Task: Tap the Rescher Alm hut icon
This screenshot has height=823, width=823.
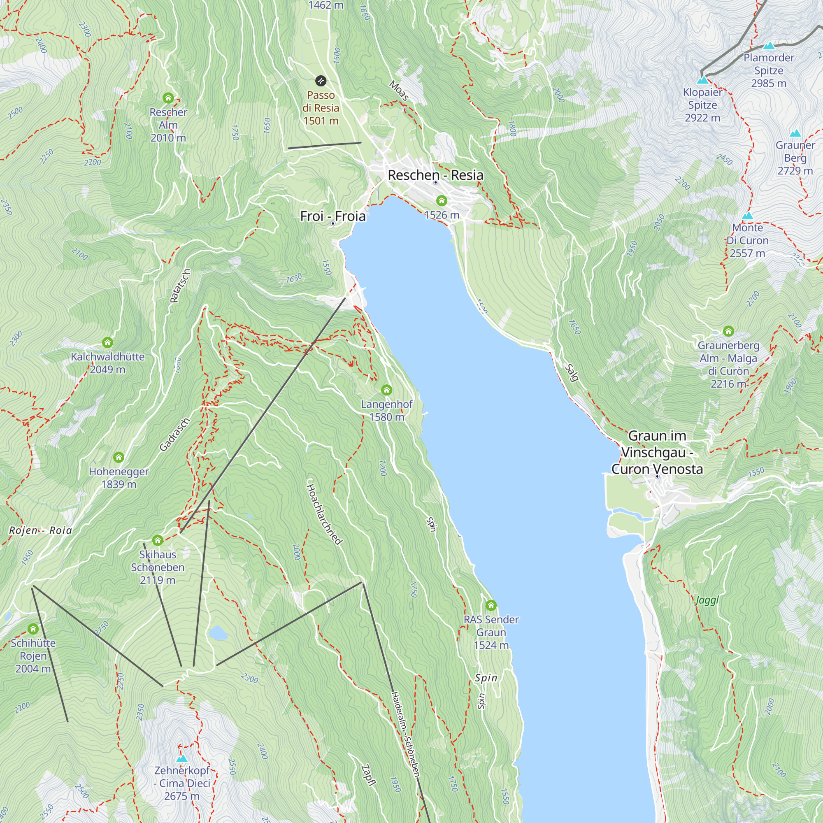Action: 168,98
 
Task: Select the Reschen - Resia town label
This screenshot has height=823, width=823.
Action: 435,175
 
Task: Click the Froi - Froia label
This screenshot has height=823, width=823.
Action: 332,216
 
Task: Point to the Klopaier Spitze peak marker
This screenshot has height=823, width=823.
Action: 702,80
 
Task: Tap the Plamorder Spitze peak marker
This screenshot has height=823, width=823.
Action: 769,46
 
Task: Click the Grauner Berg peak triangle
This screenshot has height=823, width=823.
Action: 795,133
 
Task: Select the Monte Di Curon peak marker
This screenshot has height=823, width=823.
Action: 748,216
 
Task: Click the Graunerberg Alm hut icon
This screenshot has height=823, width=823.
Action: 728,331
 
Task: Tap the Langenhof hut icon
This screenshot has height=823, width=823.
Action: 386,390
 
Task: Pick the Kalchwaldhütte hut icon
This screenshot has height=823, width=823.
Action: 107,342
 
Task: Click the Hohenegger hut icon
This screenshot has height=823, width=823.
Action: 119,458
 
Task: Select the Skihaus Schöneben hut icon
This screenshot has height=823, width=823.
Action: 158,540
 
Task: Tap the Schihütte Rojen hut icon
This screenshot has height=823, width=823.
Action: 33,629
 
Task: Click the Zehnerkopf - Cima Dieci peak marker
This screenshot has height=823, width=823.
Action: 182,759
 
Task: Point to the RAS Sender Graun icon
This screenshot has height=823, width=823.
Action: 491,605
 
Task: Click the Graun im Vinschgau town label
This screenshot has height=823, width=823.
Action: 657,452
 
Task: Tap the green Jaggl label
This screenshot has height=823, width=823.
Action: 707,600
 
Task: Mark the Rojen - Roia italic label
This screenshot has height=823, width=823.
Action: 40,530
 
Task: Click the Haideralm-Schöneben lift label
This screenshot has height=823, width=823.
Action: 406,734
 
